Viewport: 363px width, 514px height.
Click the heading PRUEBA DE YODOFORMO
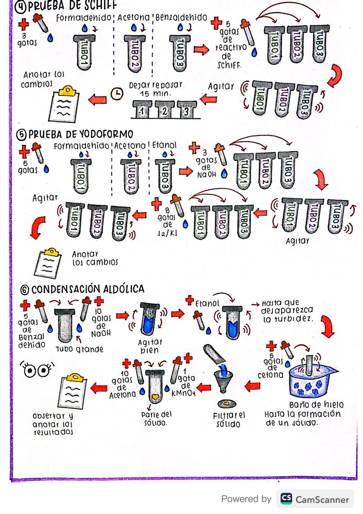[81, 135]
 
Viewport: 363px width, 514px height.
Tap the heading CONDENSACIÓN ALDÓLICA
[87, 289]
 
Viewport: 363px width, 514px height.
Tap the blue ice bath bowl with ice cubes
[311, 383]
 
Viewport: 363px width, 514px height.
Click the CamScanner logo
[286, 499]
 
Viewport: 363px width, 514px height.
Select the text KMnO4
[183, 393]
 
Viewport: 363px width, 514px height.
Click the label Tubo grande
[80, 349]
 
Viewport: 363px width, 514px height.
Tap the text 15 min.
[155, 94]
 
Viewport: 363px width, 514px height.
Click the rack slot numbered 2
[164, 111]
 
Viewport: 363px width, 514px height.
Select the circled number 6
[25, 290]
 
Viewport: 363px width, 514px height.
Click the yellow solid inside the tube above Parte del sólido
[155, 397]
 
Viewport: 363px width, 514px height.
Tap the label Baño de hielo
[316, 404]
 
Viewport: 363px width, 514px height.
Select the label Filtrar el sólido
[229, 419]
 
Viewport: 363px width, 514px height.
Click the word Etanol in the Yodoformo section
[164, 145]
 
